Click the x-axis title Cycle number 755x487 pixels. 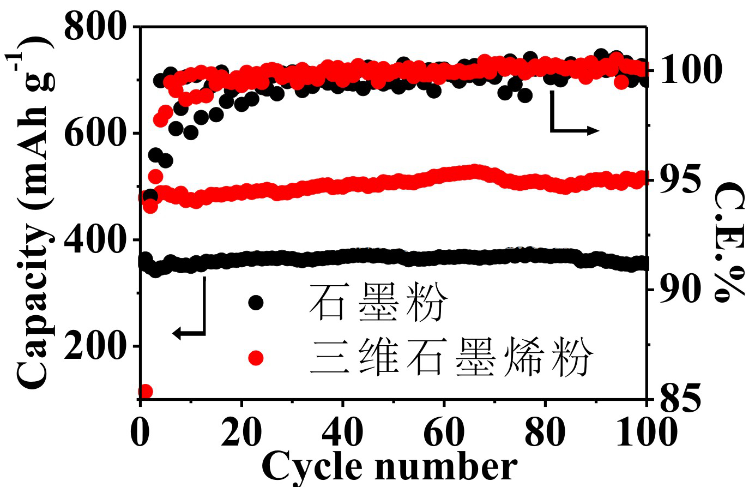click(x=389, y=467)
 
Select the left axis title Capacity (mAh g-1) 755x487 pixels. click(x=34, y=213)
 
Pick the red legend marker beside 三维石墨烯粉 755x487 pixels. click(x=256, y=358)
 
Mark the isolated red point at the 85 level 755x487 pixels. click(x=145, y=392)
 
